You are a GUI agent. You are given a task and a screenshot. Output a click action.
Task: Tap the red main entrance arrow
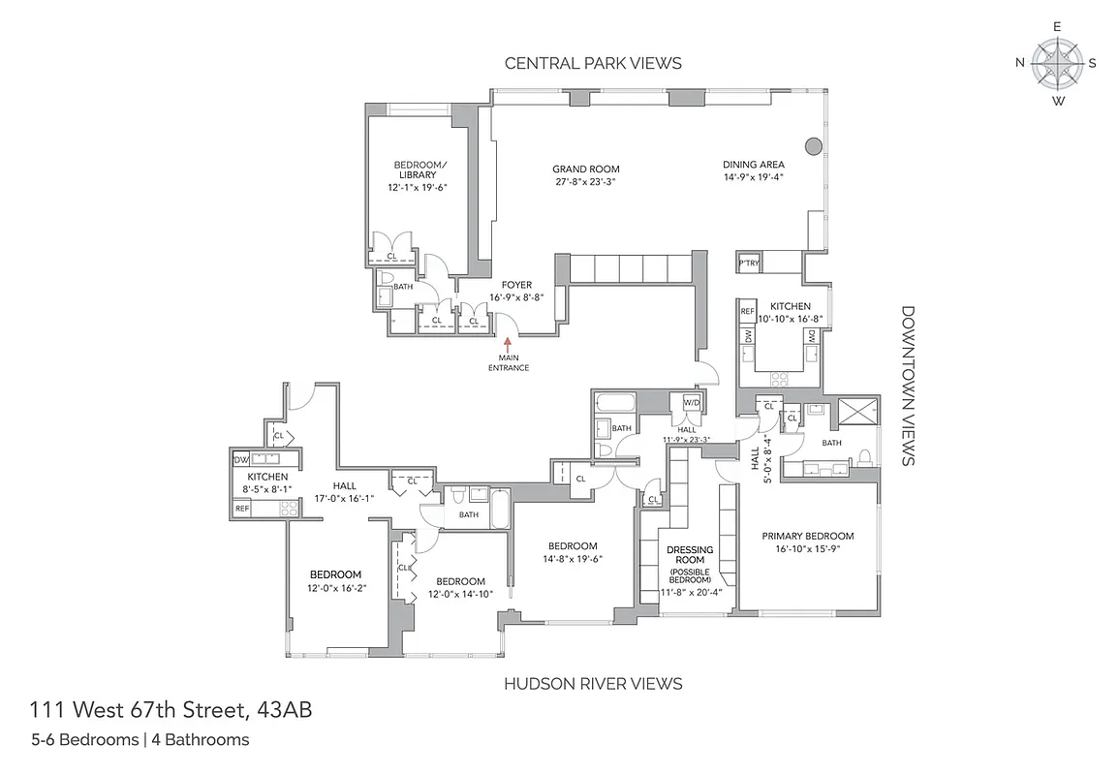click(507, 345)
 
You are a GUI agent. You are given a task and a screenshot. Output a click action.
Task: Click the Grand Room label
click(587, 169)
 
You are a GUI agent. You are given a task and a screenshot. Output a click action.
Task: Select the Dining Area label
click(753, 165)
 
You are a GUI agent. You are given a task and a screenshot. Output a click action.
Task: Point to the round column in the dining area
click(813, 146)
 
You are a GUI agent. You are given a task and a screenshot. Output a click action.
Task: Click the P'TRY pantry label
click(748, 263)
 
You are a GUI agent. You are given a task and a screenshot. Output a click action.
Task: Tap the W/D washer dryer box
click(692, 402)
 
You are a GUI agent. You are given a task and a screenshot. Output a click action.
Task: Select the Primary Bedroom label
click(807, 536)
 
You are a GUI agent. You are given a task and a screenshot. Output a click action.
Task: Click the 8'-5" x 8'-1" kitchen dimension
click(267, 490)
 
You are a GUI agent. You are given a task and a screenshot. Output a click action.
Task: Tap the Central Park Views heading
click(593, 63)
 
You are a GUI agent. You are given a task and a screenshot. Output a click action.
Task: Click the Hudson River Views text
click(593, 684)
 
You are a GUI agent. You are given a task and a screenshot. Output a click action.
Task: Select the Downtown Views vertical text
click(908, 386)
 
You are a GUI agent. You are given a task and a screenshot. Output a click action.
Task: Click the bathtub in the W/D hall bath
click(612, 403)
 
